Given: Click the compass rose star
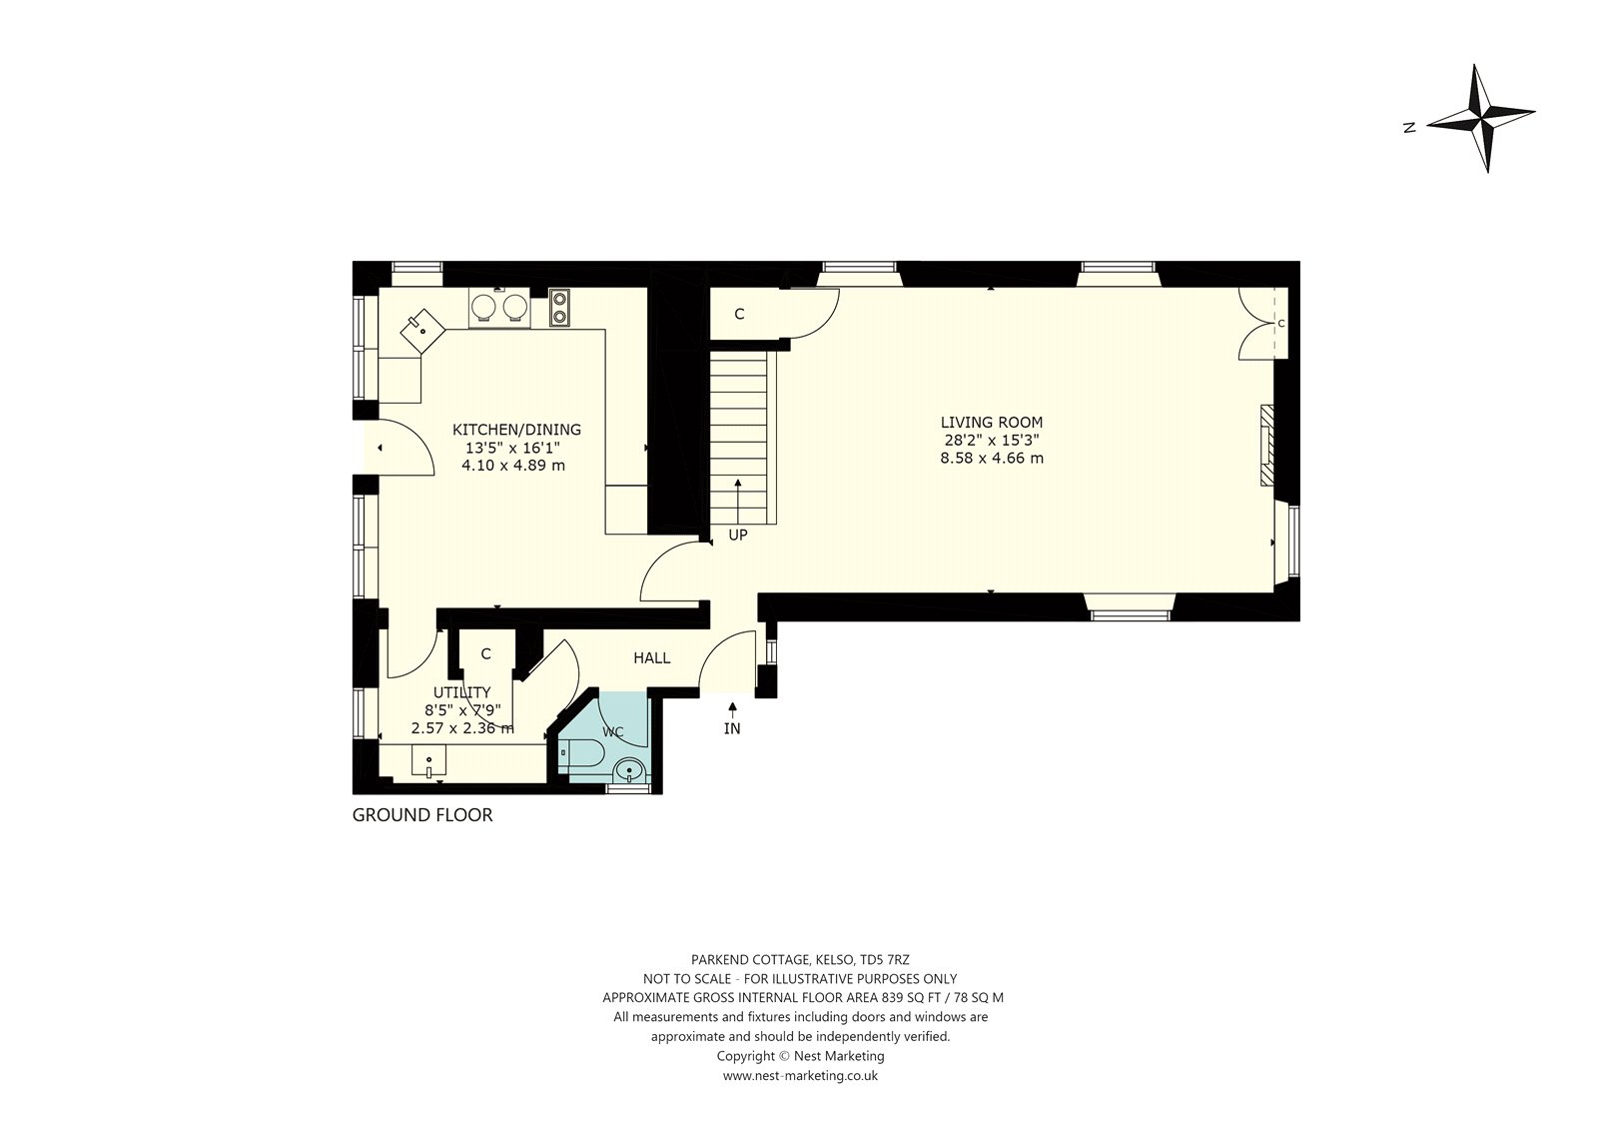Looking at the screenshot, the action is (1482, 129).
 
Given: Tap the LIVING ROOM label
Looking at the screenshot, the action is (992, 422).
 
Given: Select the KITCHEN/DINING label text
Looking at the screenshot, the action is (516, 430).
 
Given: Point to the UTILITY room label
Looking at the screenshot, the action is (462, 692).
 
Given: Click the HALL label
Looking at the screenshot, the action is (652, 658).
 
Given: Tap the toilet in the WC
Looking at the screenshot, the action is (581, 752).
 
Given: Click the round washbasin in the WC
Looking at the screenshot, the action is (629, 770).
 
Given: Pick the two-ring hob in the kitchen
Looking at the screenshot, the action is (559, 307).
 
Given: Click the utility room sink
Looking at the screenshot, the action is (428, 760).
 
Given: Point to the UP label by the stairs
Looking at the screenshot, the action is (738, 535).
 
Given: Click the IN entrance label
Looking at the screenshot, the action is (732, 728).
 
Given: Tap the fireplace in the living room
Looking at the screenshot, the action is (1267, 446).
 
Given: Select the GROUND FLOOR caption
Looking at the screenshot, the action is (422, 815).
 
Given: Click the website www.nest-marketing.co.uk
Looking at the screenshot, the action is (800, 1076).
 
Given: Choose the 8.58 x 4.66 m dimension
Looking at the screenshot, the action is (992, 459).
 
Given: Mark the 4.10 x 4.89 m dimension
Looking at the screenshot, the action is (513, 466).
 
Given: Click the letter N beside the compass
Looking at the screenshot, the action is (1409, 128).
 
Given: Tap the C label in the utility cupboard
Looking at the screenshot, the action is (485, 653).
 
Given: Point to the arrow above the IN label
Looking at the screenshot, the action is (732, 709).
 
